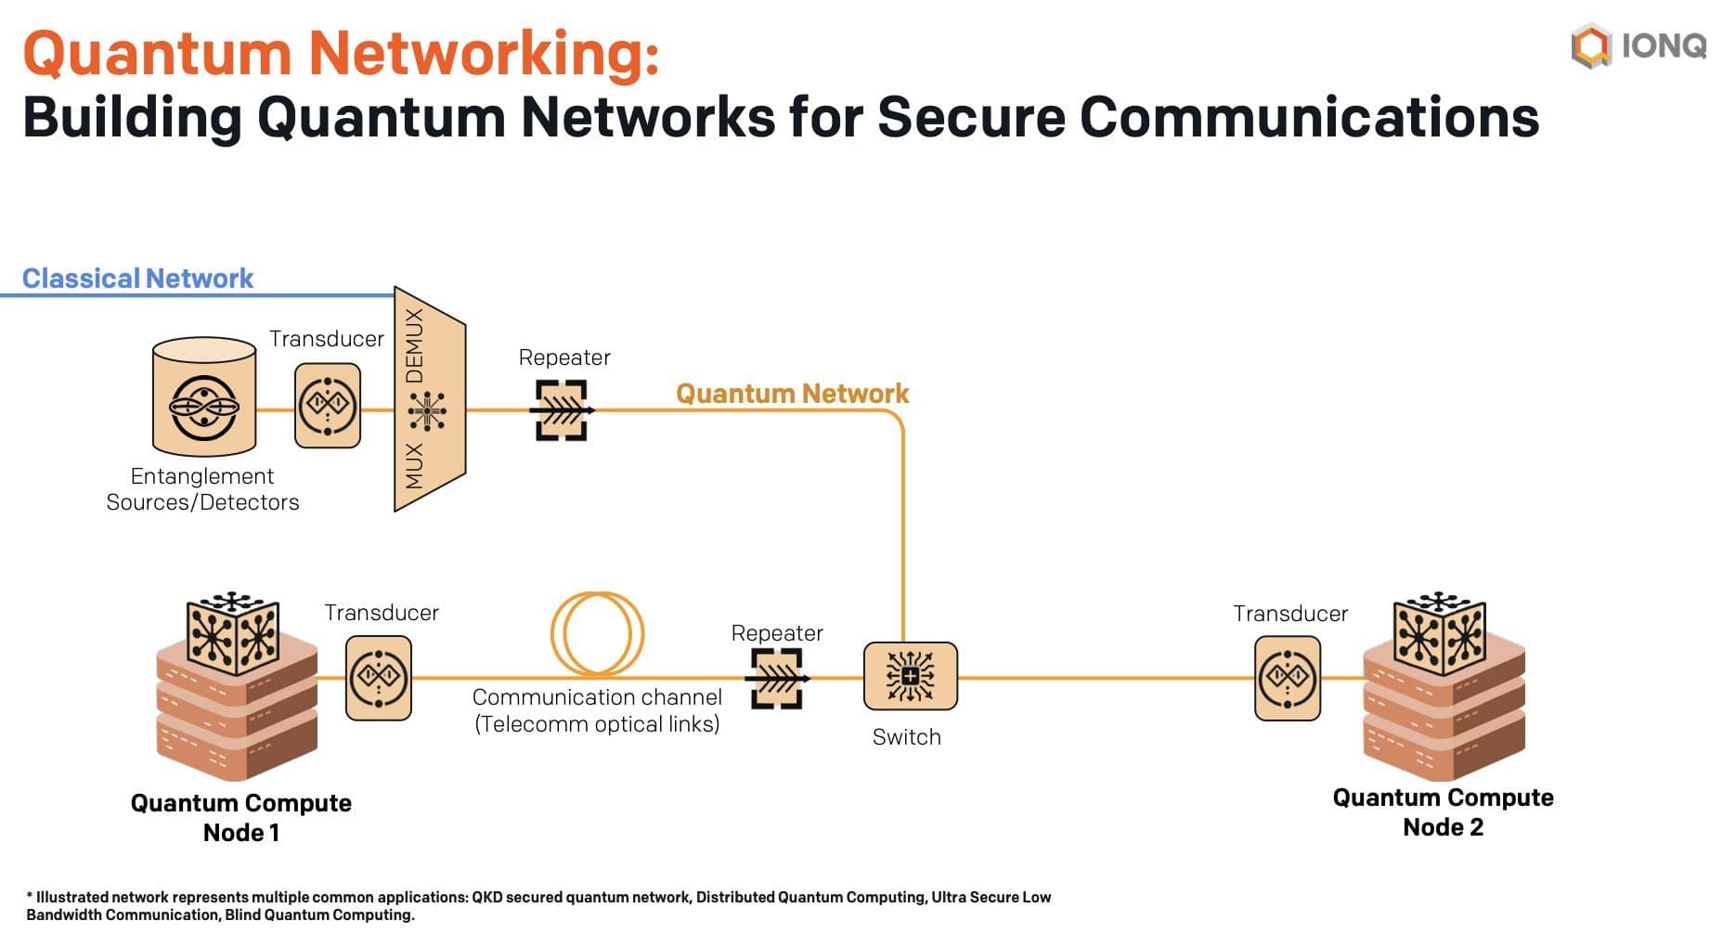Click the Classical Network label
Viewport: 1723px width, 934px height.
pyautogui.click(x=137, y=279)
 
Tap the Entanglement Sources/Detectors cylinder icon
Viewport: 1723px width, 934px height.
pyautogui.click(x=204, y=397)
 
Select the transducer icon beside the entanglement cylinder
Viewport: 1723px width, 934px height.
pyautogui.click(x=328, y=406)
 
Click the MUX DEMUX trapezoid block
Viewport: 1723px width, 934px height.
pyautogui.click(x=428, y=400)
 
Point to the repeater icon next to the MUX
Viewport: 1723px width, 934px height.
pyautogui.click(x=563, y=409)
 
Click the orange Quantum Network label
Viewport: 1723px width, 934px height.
pyautogui.click(x=792, y=394)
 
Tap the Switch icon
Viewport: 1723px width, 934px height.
pyautogui.click(x=910, y=676)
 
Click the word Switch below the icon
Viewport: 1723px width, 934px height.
pyautogui.click(x=906, y=737)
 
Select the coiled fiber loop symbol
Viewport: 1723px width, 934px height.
pyautogui.click(x=597, y=633)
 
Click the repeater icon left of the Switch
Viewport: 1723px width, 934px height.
pyautogui.click(x=777, y=678)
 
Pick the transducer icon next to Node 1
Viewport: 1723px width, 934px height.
pyautogui.click(x=379, y=678)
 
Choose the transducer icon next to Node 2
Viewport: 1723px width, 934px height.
pyautogui.click(x=1288, y=678)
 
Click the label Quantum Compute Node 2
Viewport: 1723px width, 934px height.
pyautogui.click(x=1443, y=812)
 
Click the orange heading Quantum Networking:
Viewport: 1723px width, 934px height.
pyautogui.click(x=341, y=53)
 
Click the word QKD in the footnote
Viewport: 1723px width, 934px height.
pyautogui.click(x=487, y=897)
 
